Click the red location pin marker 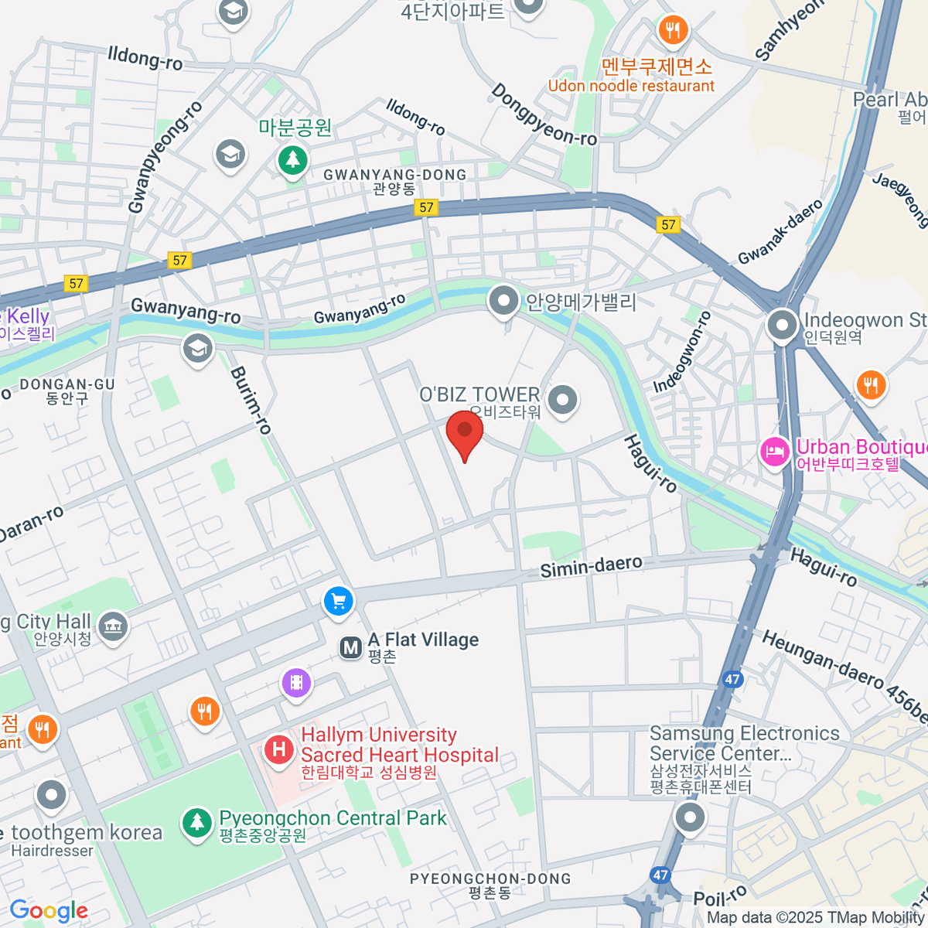coord(465,432)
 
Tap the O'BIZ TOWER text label coord(479,395)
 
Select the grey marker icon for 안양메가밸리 coord(503,301)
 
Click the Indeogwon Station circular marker coord(782,326)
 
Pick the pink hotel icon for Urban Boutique coord(774,452)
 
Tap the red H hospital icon coord(278,749)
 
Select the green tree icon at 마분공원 coord(292,160)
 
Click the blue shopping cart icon coord(338,601)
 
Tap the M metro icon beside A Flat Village coord(351,647)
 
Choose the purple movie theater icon coord(296,683)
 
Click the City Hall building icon coord(114,626)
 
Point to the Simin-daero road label coord(591,567)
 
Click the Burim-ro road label coord(251,400)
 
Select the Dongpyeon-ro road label coord(544,115)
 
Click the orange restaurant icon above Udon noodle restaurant coord(672,31)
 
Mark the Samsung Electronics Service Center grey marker coord(689,817)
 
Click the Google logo coord(49,911)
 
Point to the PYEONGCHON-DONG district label coord(490,879)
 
